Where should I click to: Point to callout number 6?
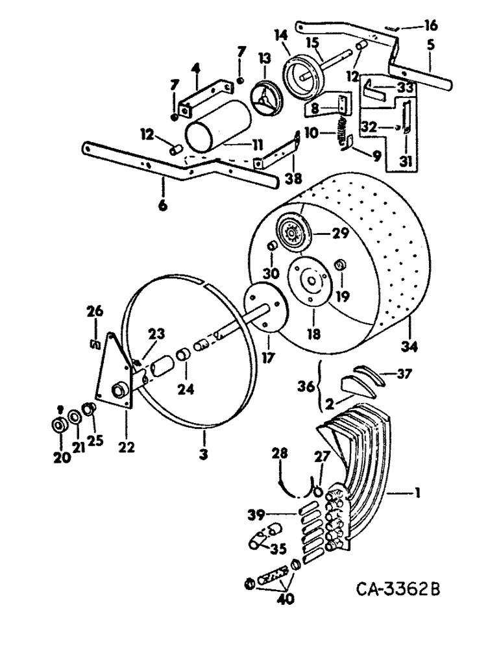point(162,206)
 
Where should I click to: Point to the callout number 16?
point(430,26)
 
